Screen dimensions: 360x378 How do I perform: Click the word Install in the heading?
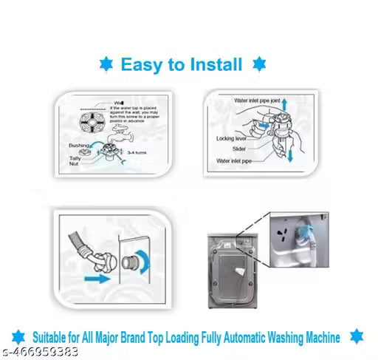click(x=213, y=65)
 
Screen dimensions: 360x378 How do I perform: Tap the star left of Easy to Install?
click(x=106, y=65)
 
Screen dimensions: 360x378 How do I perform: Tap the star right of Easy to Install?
click(x=258, y=64)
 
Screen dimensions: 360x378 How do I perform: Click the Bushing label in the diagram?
click(x=79, y=146)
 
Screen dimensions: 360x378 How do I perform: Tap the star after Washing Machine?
click(x=356, y=336)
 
